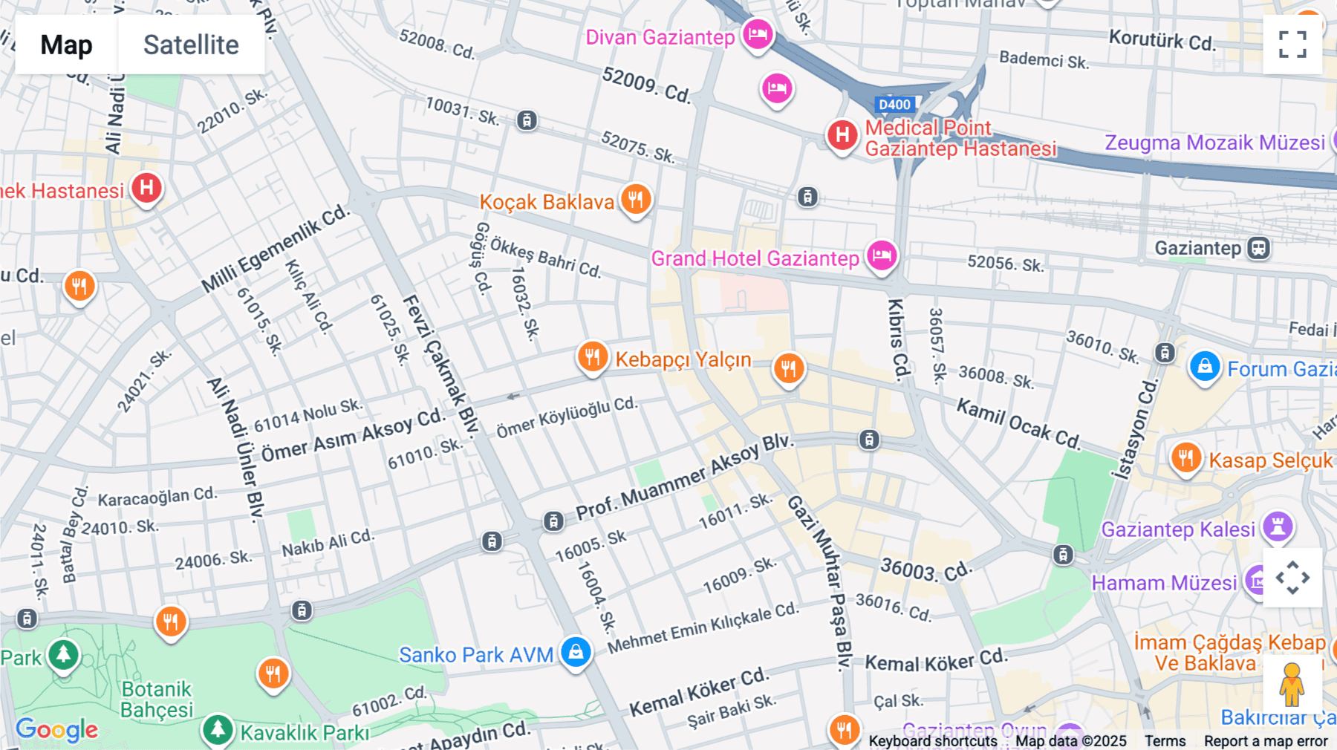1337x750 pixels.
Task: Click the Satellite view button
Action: pyautogui.click(x=191, y=45)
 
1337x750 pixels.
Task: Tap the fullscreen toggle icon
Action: pyautogui.click(x=1292, y=45)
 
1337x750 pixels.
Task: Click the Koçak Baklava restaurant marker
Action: pyautogui.click(x=636, y=199)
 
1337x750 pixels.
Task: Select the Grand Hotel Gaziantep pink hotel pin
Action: pyautogui.click(x=882, y=255)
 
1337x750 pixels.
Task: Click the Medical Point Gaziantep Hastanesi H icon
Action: pyautogui.click(x=842, y=135)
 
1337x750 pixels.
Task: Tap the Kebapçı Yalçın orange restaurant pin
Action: pyautogui.click(x=593, y=357)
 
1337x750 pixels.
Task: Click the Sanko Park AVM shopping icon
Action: pyautogui.click(x=576, y=652)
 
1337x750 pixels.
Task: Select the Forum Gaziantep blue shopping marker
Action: pyautogui.click(x=1205, y=367)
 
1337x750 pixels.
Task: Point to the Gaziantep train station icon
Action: pyautogui.click(x=1258, y=248)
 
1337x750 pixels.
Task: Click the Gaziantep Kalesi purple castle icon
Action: pyautogui.click(x=1278, y=526)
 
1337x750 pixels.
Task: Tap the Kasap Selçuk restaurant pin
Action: pyautogui.click(x=1186, y=457)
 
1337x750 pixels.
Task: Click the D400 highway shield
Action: pyautogui.click(x=894, y=105)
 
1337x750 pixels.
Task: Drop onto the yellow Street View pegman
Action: pyautogui.click(x=1292, y=684)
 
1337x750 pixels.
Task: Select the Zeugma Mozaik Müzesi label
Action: pyautogui.click(x=1214, y=143)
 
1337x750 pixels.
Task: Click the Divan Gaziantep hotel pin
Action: pyautogui.click(x=758, y=33)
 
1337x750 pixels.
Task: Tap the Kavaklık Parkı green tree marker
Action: pyautogui.click(x=218, y=730)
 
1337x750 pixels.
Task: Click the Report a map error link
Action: pyautogui.click(x=1266, y=741)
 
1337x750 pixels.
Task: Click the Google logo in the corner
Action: pyautogui.click(x=57, y=730)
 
